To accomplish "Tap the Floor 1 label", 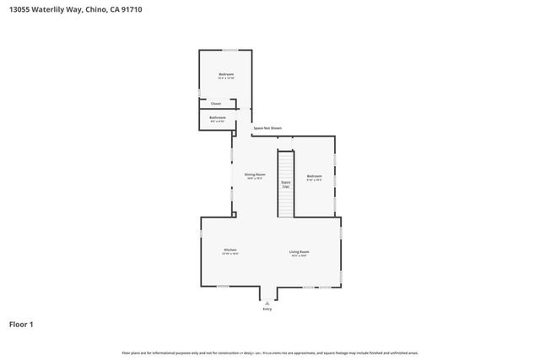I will [21, 324].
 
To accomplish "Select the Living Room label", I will [299, 252].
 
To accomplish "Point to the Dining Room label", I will [255, 175].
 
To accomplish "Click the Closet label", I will [216, 104].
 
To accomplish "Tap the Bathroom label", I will [218, 118].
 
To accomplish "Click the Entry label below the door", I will [267, 309].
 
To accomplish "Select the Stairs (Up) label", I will [286, 184].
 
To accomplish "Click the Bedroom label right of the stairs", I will [314, 177].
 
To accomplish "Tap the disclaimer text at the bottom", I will [270, 352].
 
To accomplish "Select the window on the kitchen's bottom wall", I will [223, 287].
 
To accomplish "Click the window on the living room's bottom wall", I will [323, 287].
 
